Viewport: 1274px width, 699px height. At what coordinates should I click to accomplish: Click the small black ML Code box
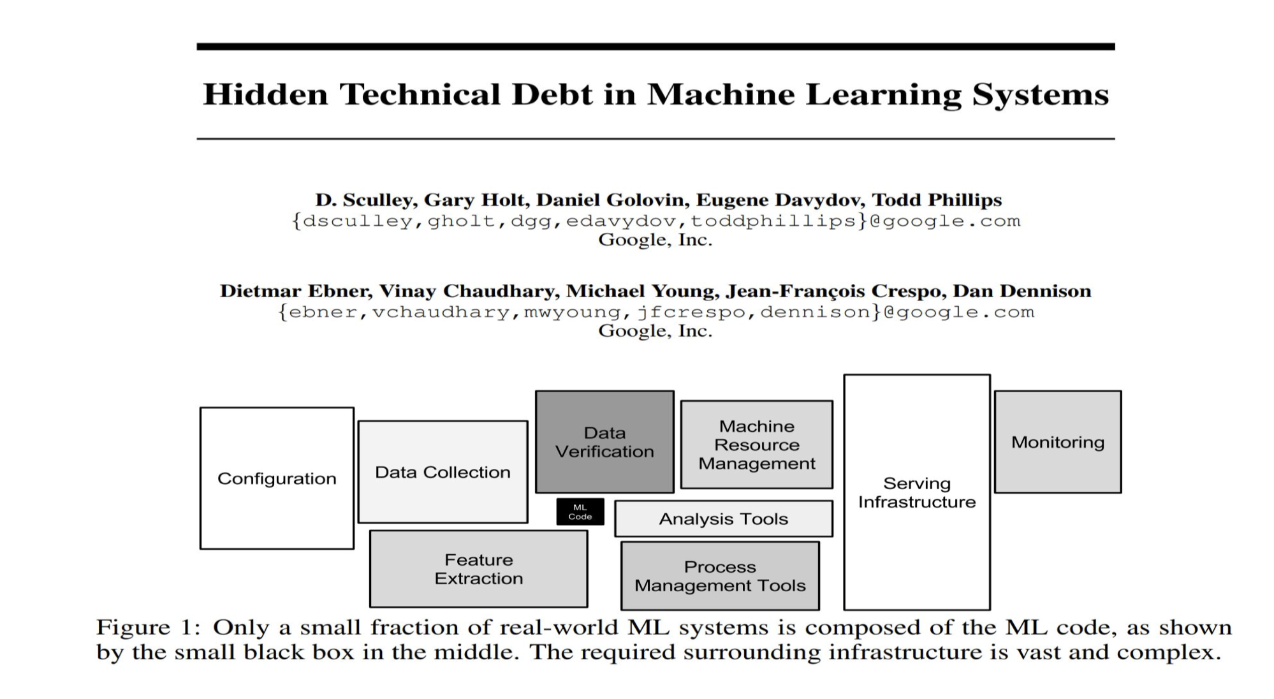tap(580, 511)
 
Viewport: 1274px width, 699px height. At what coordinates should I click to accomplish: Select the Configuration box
tap(277, 478)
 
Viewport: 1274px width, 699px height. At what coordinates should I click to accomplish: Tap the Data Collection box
tap(443, 472)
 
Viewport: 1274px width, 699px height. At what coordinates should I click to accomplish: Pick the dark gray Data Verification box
tap(604, 442)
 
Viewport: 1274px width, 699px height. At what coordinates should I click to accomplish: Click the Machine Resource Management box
tap(756, 445)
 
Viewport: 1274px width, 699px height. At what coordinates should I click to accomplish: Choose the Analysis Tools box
tap(723, 519)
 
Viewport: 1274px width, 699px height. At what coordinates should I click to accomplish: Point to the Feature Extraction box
tap(478, 569)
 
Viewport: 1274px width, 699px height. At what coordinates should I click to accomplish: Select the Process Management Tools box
tap(720, 576)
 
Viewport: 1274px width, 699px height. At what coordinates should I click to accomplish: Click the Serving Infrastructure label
tap(916, 492)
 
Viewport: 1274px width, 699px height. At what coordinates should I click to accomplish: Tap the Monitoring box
tap(1057, 442)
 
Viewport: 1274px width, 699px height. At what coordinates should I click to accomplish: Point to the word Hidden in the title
tap(265, 94)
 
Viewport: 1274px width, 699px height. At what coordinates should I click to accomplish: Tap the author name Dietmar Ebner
tap(295, 291)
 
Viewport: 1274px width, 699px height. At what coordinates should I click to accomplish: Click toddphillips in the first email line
tap(773, 221)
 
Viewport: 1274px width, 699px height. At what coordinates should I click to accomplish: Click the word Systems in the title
tap(1041, 94)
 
